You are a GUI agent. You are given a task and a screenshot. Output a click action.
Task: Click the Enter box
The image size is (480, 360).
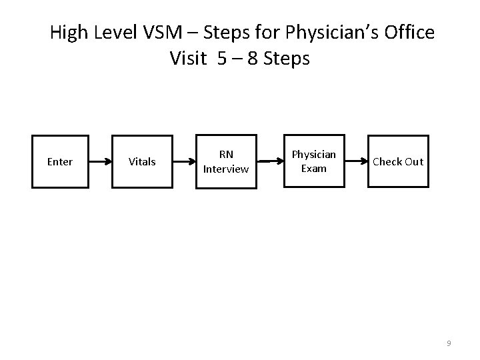60,162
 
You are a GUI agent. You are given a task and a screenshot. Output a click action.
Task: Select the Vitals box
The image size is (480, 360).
141,162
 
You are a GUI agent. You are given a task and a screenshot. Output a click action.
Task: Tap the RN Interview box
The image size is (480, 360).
226,162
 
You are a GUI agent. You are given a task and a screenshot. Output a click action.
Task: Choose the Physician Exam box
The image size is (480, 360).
313,162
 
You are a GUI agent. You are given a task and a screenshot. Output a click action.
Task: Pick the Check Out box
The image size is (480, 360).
397,162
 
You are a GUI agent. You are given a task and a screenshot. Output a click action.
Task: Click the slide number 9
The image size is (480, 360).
449,343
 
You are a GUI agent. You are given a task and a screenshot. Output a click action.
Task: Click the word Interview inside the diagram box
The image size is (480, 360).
226,169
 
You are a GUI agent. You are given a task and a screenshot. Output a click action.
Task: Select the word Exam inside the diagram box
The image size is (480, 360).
313,169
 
